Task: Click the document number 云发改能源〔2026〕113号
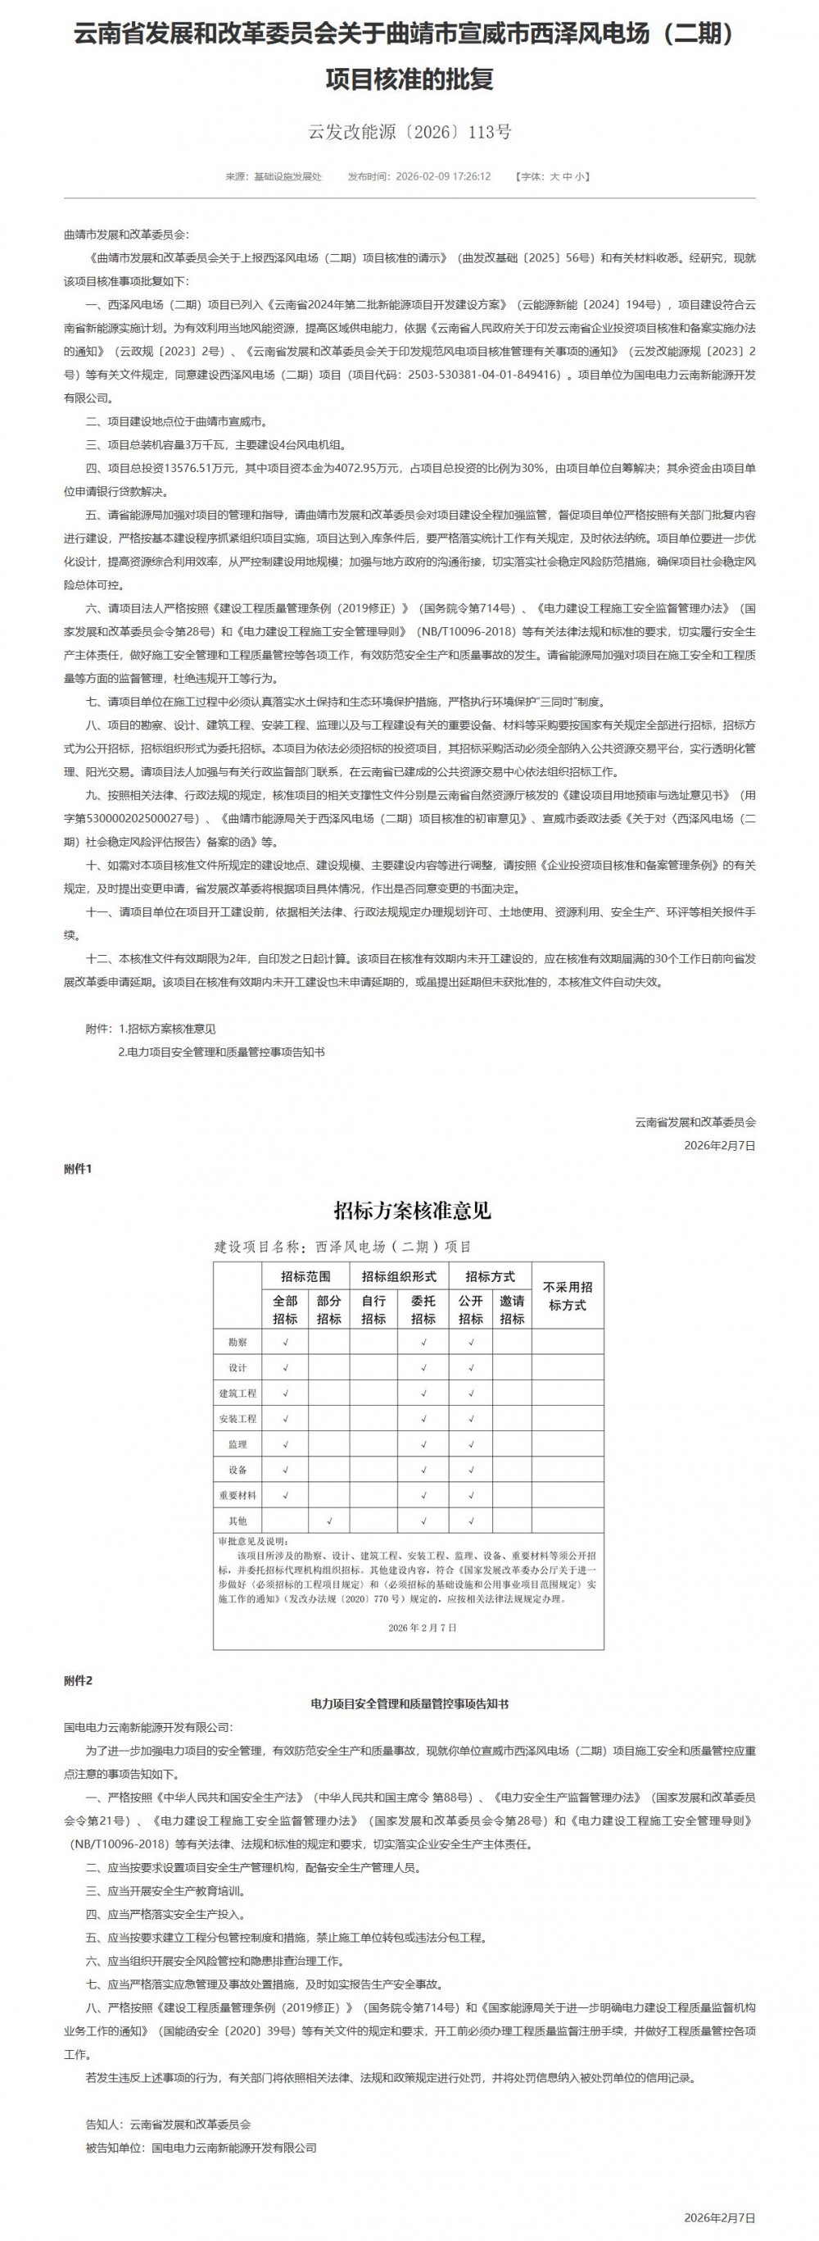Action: point(409,132)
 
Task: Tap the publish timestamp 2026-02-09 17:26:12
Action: point(442,176)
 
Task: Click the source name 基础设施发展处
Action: point(287,176)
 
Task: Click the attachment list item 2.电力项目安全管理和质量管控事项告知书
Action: point(222,1052)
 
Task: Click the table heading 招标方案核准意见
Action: point(413,1210)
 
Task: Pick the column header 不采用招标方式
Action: point(567,1295)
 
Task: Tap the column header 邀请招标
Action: point(512,1309)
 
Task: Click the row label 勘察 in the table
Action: point(238,1343)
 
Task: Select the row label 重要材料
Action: point(238,1495)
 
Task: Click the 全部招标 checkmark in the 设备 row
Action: point(285,1471)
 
